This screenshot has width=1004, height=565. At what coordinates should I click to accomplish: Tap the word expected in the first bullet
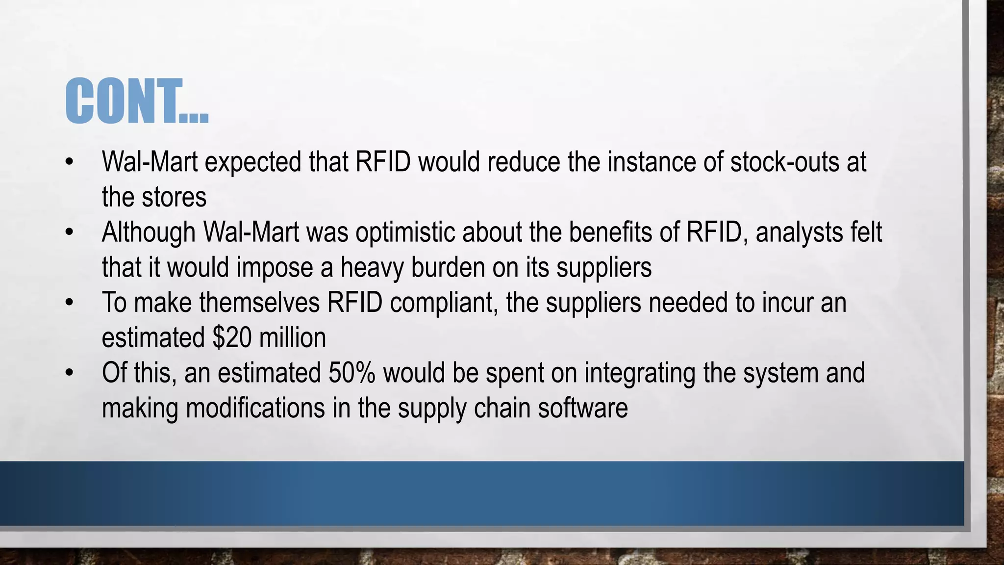tap(252, 162)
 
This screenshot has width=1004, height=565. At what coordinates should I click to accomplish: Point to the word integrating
tap(640, 373)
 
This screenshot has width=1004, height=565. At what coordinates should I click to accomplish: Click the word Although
tap(149, 232)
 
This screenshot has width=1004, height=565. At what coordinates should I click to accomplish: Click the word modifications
tap(255, 408)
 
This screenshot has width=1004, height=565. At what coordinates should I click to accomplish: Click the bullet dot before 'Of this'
tap(69, 373)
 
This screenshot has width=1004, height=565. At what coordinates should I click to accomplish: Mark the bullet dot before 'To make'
tap(69, 303)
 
